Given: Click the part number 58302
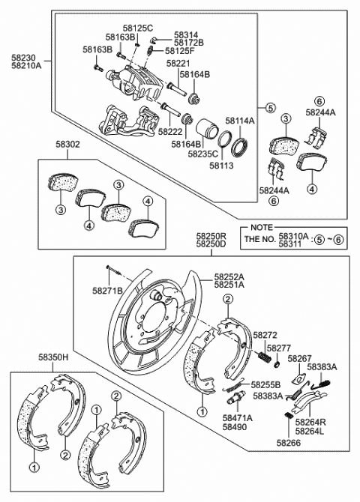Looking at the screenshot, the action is pos(67,145).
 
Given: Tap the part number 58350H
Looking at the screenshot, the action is pos(53,357).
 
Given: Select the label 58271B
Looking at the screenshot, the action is pos(108,291).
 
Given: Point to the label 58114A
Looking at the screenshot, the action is pos(240,121).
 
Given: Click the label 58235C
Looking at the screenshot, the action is pos(202,154).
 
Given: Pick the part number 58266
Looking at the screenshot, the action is pos(289,443).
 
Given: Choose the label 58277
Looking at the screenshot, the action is pos(279,348).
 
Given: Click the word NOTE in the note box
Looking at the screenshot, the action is pos(262,227).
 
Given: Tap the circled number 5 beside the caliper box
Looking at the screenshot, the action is pos(270,108).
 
